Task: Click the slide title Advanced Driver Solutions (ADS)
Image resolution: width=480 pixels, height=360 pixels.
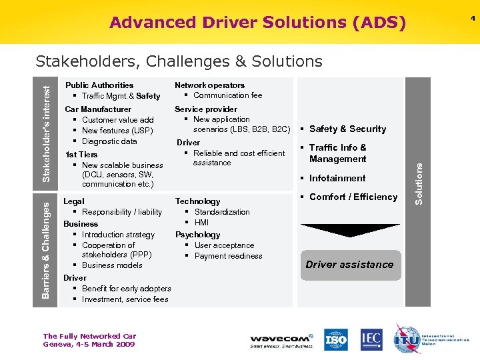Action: point(257,23)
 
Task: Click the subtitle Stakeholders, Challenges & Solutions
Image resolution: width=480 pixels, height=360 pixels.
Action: point(179,61)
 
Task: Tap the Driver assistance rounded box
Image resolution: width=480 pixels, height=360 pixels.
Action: point(349,265)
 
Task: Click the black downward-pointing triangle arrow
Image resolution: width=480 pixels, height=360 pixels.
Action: point(349,230)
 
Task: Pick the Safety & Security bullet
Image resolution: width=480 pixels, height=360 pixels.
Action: point(347,129)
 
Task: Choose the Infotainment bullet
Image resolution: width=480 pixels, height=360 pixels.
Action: point(337,178)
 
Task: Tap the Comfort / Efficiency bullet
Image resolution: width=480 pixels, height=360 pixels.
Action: point(353,197)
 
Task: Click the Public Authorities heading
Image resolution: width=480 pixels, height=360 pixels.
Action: point(99,85)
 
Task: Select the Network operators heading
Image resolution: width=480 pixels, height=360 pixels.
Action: point(209,85)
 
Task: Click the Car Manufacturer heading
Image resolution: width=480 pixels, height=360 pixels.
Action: point(98,109)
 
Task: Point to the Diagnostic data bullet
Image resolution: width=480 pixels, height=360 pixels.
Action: point(109,141)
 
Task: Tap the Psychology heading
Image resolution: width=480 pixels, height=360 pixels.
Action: point(197,235)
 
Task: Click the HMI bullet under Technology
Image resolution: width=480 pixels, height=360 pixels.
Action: point(201,223)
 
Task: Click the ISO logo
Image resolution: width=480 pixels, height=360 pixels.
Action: point(336,339)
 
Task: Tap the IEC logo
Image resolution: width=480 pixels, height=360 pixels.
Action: point(371,339)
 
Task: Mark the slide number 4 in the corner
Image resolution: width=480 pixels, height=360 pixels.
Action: point(473,18)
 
